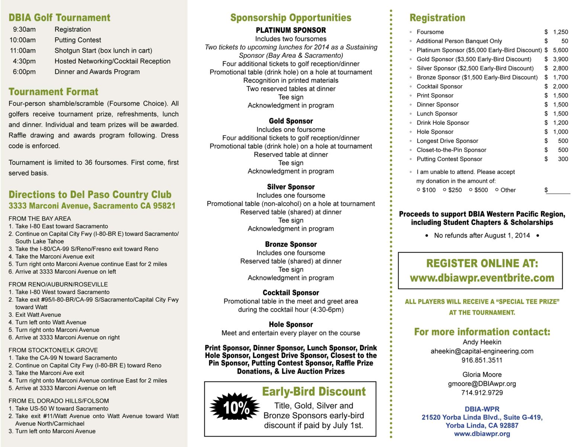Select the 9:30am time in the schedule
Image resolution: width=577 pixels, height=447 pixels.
[x=24, y=29]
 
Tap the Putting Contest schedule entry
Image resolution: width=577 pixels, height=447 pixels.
[x=78, y=40]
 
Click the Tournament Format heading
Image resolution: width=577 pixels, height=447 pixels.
[x=53, y=92]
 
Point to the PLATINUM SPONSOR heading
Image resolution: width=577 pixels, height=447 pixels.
[x=291, y=30]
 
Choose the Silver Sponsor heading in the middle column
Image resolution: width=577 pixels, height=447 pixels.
[x=291, y=187]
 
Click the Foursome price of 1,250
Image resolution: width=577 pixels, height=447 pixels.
[x=560, y=32]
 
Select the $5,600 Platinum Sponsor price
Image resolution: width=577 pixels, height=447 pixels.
[x=560, y=50]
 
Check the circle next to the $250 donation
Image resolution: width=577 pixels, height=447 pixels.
[x=445, y=190]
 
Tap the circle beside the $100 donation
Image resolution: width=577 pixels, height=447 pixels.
[x=419, y=190]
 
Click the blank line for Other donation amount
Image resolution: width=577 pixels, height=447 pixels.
[x=559, y=191]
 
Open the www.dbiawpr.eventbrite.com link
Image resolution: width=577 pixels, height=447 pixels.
[x=482, y=278]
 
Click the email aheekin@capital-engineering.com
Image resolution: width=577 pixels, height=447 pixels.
[x=482, y=351]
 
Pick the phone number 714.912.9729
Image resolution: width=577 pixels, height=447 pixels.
[x=482, y=393]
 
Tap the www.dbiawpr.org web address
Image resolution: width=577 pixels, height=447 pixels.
[x=482, y=434]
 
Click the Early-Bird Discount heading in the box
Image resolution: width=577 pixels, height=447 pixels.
[x=314, y=391]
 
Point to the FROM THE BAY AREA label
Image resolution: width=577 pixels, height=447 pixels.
[x=40, y=219]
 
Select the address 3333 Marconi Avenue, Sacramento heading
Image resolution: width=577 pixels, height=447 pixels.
[x=92, y=206]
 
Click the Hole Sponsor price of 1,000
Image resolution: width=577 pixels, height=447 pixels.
[x=560, y=131]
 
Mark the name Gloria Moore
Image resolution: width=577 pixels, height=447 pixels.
[x=482, y=374]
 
